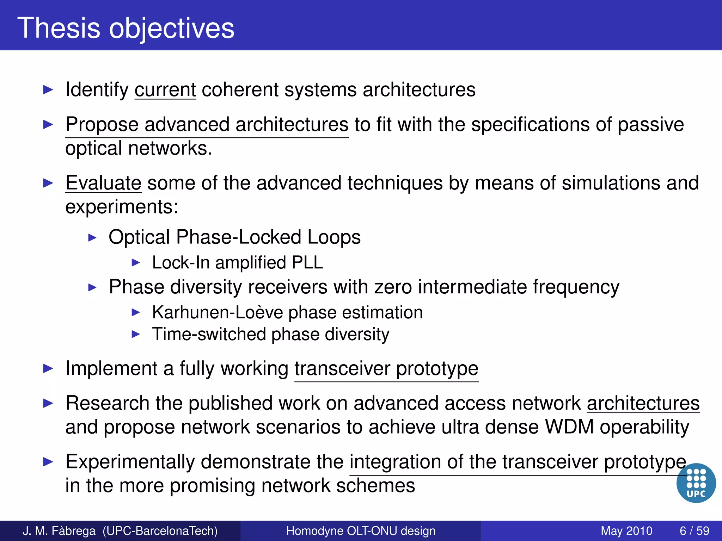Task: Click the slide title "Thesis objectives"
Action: pyautogui.click(x=126, y=28)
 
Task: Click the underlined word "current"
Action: pyautogui.click(x=165, y=90)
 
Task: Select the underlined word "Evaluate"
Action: pyautogui.click(x=103, y=183)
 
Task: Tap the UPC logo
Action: pyautogui.click(x=696, y=483)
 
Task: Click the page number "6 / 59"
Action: pyautogui.click(x=694, y=531)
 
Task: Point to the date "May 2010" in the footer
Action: pyautogui.click(x=626, y=531)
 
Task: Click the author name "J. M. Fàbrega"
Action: pyautogui.click(x=59, y=531)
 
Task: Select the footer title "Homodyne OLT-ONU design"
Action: pyautogui.click(x=361, y=531)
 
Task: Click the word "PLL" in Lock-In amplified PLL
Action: pyautogui.click(x=307, y=263)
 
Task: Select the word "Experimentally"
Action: pyautogui.click(x=130, y=462)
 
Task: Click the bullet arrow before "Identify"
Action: pyautogui.click(x=48, y=90)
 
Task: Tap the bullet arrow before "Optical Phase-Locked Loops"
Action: pyautogui.click(x=92, y=238)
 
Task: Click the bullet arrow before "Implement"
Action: pyautogui.click(x=48, y=369)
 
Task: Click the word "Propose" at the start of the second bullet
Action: pyautogui.click(x=102, y=125)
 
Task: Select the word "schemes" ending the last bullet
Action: pyautogui.click(x=375, y=486)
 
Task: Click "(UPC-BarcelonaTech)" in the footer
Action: pyautogui.click(x=160, y=531)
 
